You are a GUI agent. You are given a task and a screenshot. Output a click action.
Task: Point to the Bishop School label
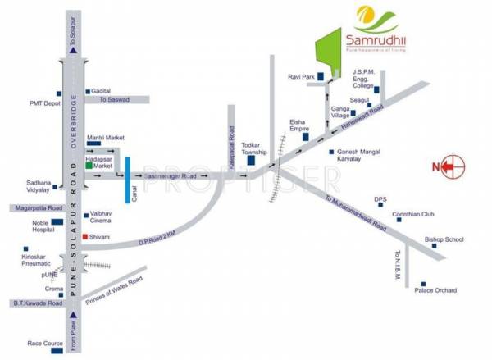[444, 239]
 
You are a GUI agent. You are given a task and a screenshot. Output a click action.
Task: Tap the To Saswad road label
[115, 100]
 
